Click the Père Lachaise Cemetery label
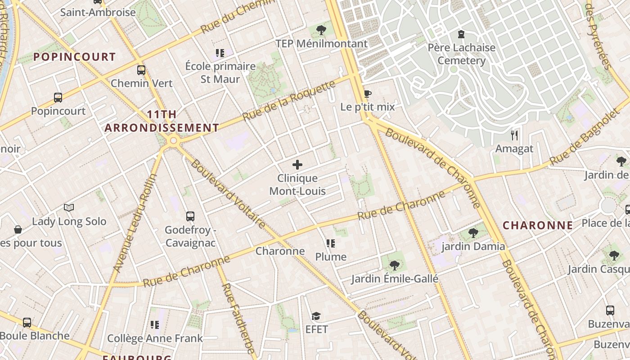pos(461,54)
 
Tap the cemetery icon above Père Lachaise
pos(461,34)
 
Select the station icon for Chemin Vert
pos(141,70)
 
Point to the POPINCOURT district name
pos(75,57)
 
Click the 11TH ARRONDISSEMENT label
pos(162,121)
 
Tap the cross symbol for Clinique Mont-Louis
pos(297,165)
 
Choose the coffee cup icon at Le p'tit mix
pos(368,94)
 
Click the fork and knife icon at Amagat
pos(514,135)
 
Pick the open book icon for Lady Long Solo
pos(69,207)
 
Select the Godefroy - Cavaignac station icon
pos(190,216)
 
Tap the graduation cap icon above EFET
pos(316,316)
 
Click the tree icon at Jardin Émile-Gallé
pos(395,265)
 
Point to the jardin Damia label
pos(473,246)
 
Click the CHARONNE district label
pos(538,225)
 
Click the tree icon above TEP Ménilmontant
pos(321,30)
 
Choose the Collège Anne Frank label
pos(155,338)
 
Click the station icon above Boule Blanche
pos(27,322)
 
